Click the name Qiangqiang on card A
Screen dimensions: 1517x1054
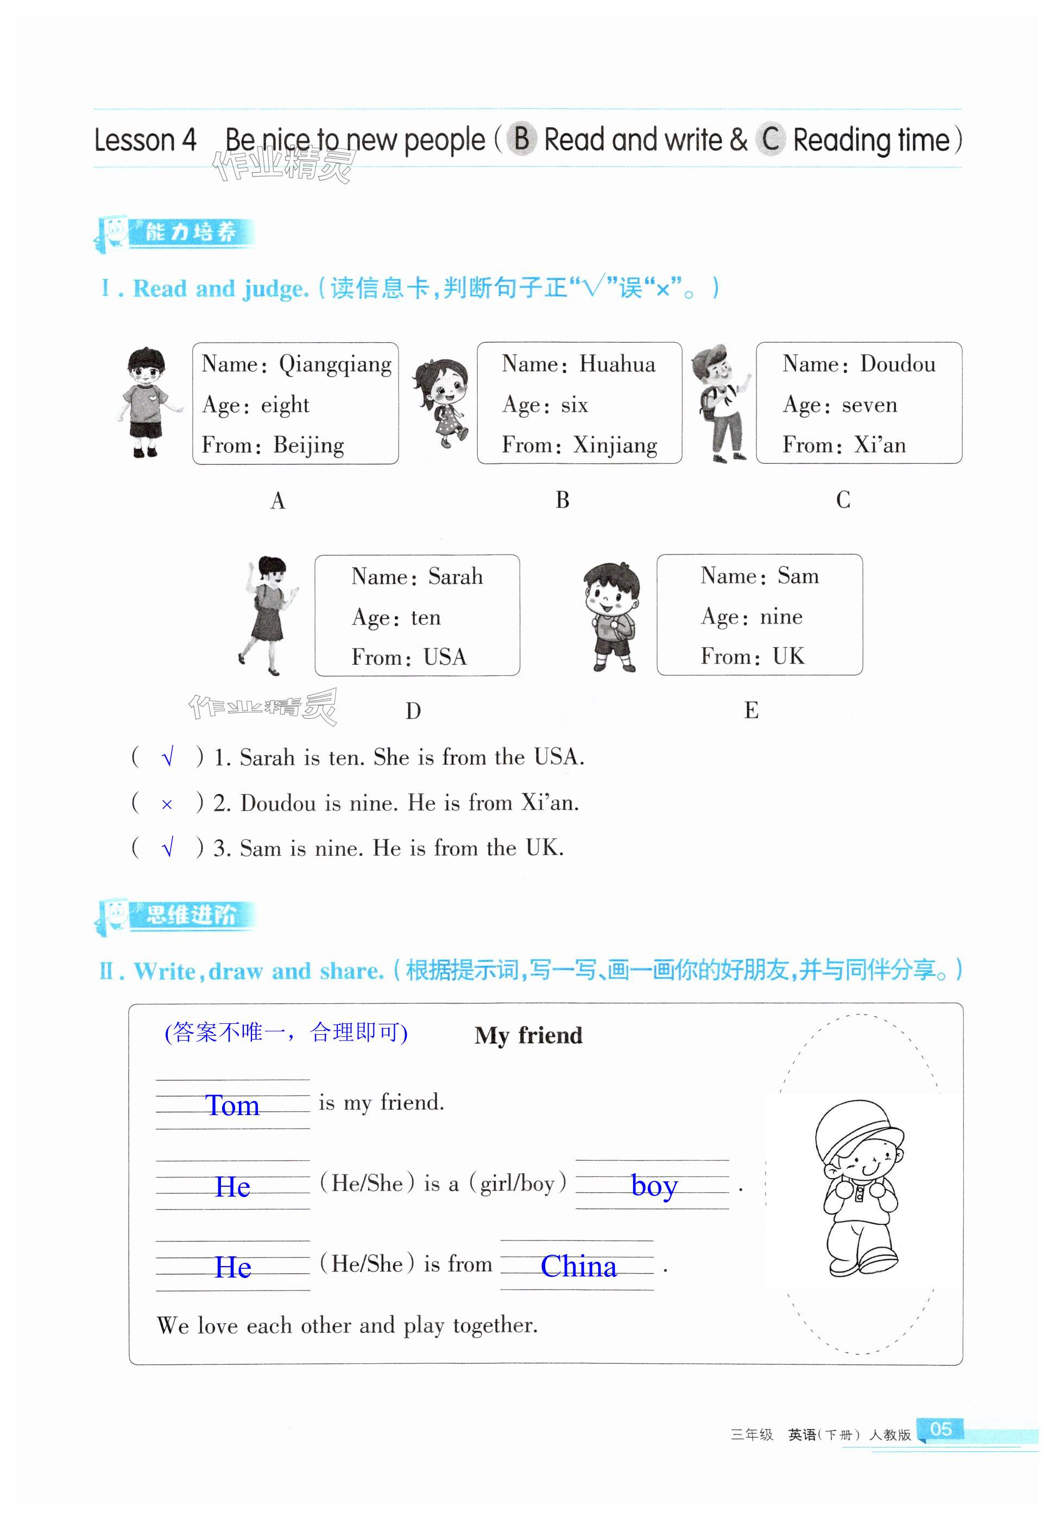[x=335, y=364]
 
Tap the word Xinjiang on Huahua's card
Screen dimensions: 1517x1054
[x=615, y=445]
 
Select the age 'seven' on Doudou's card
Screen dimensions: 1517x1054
[x=869, y=404]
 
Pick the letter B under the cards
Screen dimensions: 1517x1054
[x=562, y=500]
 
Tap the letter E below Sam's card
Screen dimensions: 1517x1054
[x=751, y=710]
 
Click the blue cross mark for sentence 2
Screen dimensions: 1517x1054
[x=166, y=804]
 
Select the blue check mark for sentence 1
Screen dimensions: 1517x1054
[x=167, y=757]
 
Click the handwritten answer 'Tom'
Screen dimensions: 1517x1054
[x=232, y=1105]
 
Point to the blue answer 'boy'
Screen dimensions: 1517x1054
[x=654, y=1186]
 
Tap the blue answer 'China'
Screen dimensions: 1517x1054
[x=578, y=1266]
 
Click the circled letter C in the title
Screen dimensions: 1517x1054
[x=770, y=140]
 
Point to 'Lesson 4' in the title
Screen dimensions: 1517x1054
[x=146, y=140]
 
